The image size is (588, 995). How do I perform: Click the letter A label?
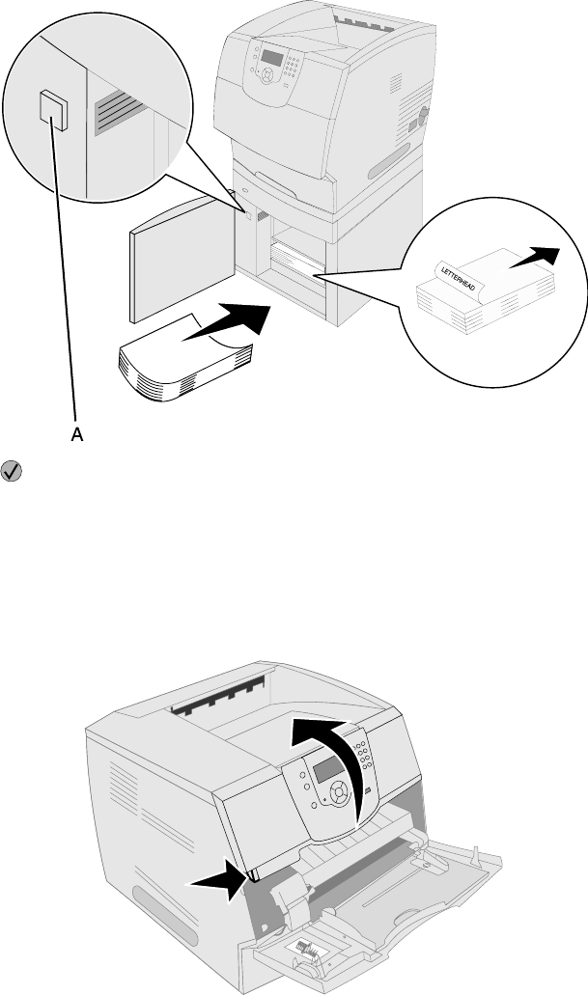(x=77, y=435)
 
